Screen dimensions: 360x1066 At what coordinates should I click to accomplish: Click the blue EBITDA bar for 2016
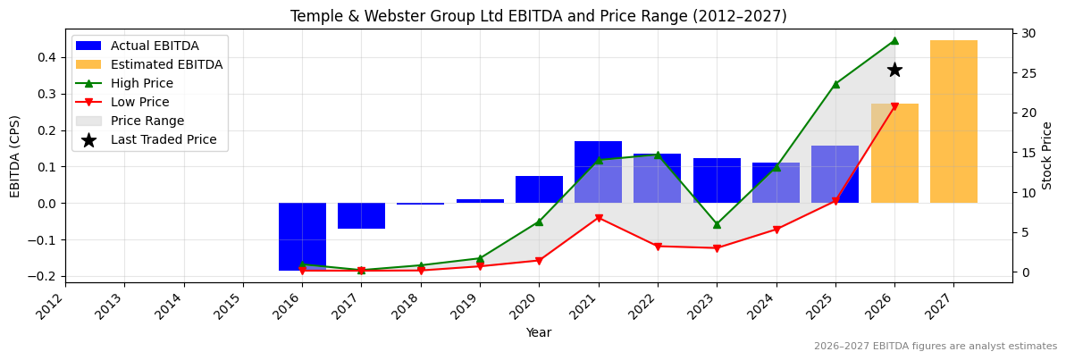[302, 237]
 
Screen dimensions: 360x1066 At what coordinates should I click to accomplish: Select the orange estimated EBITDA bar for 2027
[953, 121]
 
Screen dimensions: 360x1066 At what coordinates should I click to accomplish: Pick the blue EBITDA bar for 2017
[361, 215]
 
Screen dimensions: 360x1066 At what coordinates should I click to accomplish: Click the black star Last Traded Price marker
[894, 70]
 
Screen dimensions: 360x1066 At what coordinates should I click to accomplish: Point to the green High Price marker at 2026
[894, 40]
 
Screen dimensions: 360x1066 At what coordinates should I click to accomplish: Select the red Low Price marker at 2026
[894, 106]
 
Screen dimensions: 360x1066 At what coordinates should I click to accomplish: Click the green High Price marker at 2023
[717, 224]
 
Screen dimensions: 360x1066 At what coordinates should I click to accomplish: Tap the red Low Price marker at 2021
[598, 218]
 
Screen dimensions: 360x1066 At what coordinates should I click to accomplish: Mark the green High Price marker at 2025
[835, 84]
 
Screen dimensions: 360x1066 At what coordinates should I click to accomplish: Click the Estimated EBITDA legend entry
[166, 64]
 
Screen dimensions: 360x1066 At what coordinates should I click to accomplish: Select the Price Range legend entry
[147, 121]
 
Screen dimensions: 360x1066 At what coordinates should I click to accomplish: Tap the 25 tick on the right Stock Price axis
[1028, 73]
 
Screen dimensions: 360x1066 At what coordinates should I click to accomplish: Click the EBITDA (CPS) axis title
[15, 155]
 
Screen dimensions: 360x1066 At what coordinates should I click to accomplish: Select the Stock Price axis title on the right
[1047, 155]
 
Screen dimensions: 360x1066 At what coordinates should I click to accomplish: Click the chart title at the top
[539, 16]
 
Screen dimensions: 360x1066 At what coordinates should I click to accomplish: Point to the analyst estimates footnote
[935, 347]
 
